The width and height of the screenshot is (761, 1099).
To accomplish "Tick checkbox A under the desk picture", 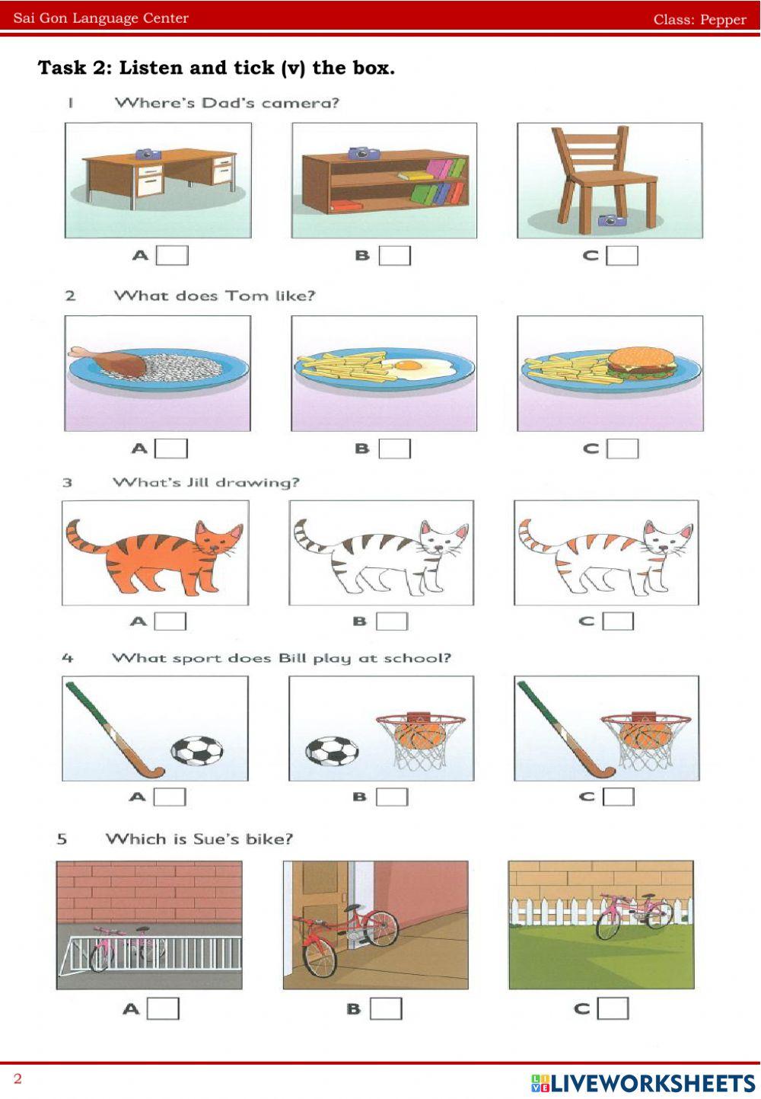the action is click(x=172, y=255).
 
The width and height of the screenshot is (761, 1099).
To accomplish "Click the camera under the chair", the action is click(x=611, y=220).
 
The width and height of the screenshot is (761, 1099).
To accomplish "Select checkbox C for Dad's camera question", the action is click(x=622, y=255).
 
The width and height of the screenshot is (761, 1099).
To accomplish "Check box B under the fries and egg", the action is click(x=395, y=448).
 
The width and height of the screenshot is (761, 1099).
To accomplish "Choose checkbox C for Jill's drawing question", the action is click(x=618, y=621).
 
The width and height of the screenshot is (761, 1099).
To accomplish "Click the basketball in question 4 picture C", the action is click(x=645, y=736).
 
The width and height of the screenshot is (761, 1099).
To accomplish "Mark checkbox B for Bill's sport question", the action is click(x=392, y=797).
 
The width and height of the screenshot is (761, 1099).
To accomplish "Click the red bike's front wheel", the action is click(x=320, y=956).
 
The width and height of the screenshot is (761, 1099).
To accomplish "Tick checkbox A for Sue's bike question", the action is click(x=164, y=1008).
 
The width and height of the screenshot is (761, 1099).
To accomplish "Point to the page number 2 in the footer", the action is click(x=18, y=1078).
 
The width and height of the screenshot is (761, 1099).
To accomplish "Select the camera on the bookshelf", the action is click(x=364, y=152).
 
